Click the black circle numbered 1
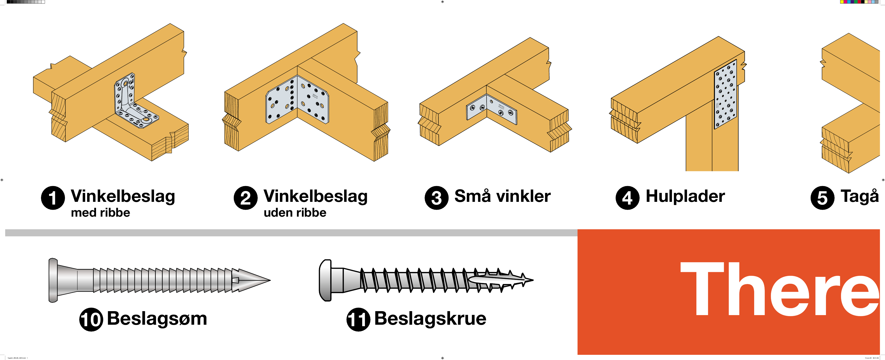click(53, 198)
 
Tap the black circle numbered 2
click(246, 198)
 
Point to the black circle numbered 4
click(627, 198)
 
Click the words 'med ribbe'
click(100, 213)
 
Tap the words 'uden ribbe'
click(295, 213)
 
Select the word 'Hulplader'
click(685, 196)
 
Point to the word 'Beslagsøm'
click(157, 319)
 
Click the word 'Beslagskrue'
click(430, 319)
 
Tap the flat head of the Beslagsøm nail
click(53, 280)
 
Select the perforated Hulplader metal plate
click(725, 95)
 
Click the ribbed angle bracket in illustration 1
click(132, 103)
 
